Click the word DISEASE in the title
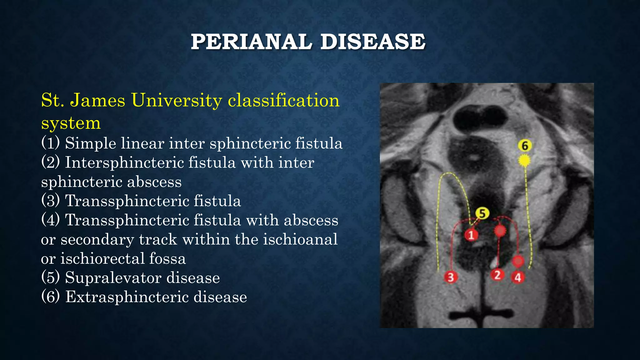(373, 42)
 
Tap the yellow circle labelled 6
(525, 146)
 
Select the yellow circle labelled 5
(482, 213)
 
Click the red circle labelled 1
(471, 235)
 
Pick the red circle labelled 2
(497, 275)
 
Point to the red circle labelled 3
(450, 277)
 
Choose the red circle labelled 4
(518, 277)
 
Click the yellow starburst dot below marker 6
(524, 161)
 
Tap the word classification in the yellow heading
(283, 101)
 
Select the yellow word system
(71, 123)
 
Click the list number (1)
(50, 143)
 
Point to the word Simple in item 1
(90, 143)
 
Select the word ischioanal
(300, 240)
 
